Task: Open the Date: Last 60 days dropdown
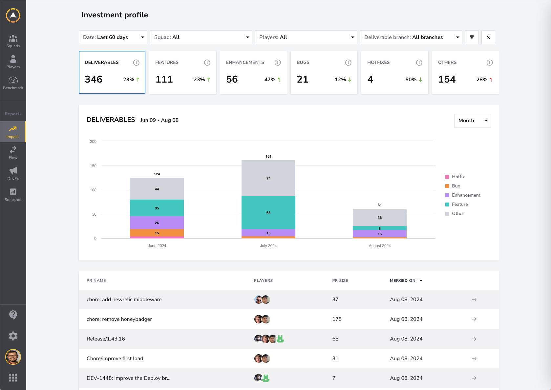click(113, 37)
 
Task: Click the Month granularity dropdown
click(472, 121)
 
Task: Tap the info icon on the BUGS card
click(348, 63)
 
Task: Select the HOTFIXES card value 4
click(370, 79)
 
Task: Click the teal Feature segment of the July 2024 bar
click(268, 212)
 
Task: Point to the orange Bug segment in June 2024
click(157, 233)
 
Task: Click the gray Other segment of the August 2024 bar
click(380, 217)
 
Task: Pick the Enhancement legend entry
click(463, 195)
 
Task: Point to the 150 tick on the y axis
click(93, 166)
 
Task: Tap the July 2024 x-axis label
click(268, 246)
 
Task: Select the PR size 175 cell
click(337, 319)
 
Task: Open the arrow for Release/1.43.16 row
click(474, 339)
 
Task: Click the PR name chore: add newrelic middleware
click(124, 299)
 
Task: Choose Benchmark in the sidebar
click(13, 83)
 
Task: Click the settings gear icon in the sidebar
click(13, 336)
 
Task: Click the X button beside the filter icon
click(488, 37)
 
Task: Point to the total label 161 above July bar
click(268, 156)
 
